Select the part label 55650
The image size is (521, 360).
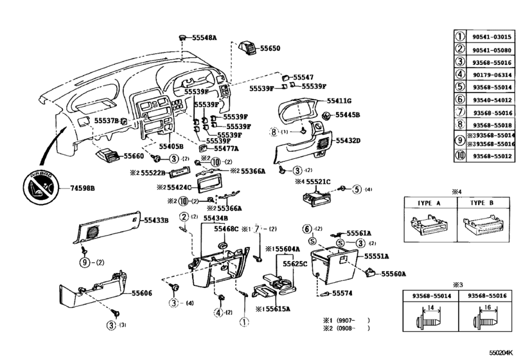[270, 48]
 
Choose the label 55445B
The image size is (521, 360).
[346, 115]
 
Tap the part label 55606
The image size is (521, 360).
[142, 292]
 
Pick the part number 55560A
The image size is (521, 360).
[394, 273]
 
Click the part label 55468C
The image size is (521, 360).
[227, 228]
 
